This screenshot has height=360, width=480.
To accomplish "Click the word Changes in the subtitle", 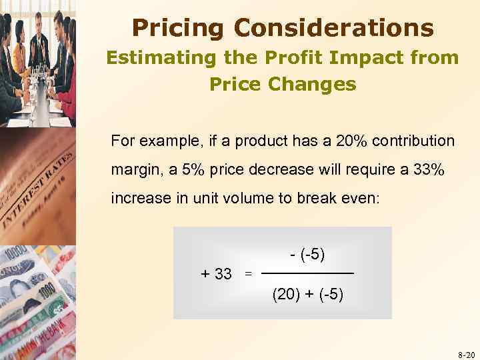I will tap(315, 85).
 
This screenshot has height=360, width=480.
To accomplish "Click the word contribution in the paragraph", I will tap(415, 141).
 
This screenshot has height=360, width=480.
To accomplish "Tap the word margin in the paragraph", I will tap(134, 170).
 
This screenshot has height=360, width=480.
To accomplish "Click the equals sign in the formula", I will tap(248, 273).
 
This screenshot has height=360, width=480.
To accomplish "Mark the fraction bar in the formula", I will tap(307, 274).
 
